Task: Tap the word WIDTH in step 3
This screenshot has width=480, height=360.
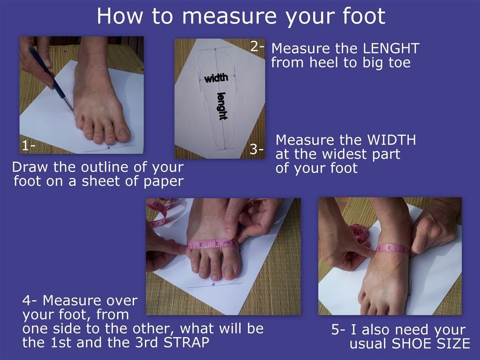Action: click(x=391, y=140)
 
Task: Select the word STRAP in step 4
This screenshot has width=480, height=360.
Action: click(x=187, y=342)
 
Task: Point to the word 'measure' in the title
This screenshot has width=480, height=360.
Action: click(x=229, y=16)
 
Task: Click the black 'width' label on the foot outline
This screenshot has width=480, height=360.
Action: click(x=217, y=78)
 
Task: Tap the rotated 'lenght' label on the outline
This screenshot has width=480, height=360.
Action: click(x=222, y=106)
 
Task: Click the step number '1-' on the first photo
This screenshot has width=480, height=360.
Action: click(x=28, y=146)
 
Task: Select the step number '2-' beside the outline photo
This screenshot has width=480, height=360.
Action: click(x=257, y=46)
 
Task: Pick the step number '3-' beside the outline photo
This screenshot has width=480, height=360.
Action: click(x=256, y=150)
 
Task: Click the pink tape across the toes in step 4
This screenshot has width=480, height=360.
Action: click(x=212, y=244)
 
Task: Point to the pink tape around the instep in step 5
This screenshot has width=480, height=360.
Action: click(x=392, y=248)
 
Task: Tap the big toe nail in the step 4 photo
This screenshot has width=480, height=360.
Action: click(x=229, y=272)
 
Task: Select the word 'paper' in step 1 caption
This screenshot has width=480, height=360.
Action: click(x=164, y=181)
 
